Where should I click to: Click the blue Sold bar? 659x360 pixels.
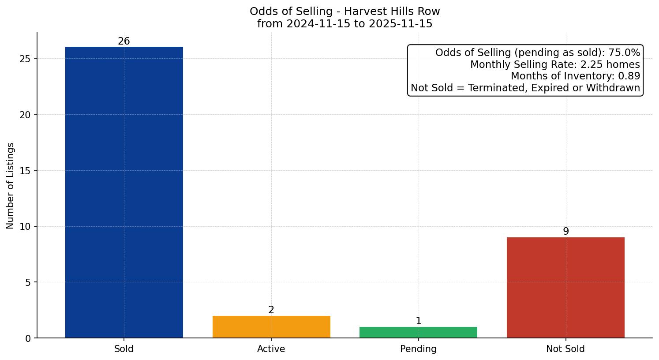124,192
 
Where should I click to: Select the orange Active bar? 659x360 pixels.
271,327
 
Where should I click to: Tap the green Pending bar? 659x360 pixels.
418,332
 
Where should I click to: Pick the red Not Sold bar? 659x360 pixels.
565,288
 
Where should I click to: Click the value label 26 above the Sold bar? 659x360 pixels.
124,41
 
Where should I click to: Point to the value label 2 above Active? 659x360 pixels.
271,310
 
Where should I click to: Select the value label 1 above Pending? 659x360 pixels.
419,321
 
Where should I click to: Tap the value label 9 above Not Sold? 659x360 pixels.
566,232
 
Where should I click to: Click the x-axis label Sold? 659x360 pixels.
124,349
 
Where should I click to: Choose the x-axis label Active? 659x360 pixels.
271,349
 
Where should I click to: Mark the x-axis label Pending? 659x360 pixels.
418,349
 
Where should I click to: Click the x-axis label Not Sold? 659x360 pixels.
565,349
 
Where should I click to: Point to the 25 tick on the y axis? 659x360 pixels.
25,59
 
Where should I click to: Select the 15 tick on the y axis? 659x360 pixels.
25,171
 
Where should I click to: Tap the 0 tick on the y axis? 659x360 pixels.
28,338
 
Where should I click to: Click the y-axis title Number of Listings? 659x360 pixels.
11,186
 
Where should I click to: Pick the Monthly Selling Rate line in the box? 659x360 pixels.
555,64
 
